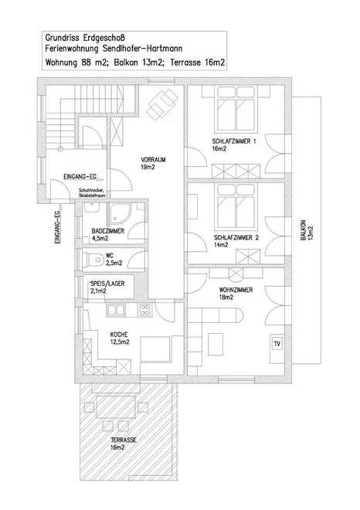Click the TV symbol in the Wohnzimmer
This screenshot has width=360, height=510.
[277, 344]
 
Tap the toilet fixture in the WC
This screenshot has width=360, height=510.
[94, 259]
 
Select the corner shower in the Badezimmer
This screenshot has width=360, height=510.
[119, 212]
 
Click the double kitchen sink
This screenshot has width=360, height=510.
[116, 310]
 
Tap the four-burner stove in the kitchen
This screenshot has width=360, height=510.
[144, 310]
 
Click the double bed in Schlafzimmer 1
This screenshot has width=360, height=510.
[236, 108]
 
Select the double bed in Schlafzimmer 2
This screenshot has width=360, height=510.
[236, 206]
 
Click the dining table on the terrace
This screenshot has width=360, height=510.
[116, 407]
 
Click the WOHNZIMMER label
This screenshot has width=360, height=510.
[236, 290]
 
